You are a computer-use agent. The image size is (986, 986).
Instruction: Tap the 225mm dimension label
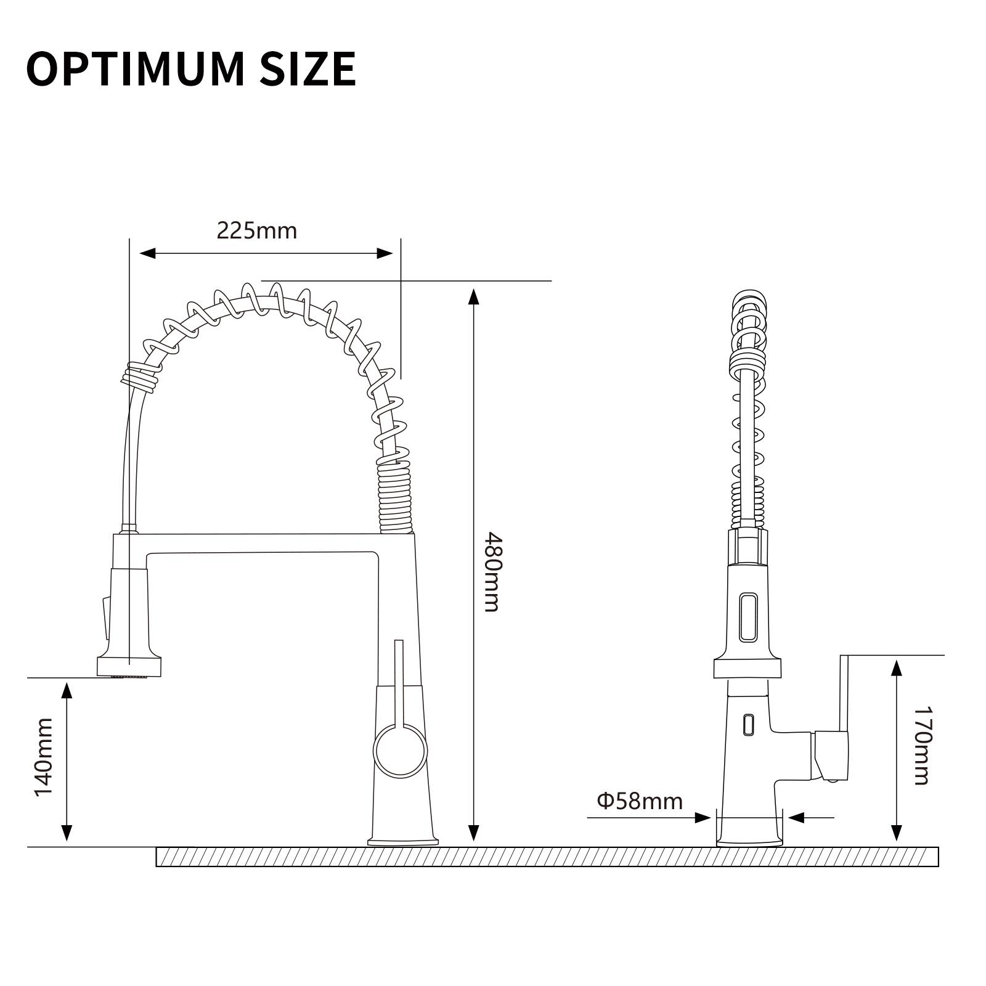click(x=256, y=230)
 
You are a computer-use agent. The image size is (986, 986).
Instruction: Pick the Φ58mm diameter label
click(x=640, y=801)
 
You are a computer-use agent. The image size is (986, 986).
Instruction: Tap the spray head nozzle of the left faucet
click(x=129, y=667)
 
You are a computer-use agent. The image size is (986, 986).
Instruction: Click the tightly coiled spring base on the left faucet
click(x=394, y=499)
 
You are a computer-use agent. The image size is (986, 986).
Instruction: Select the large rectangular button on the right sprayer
click(x=749, y=617)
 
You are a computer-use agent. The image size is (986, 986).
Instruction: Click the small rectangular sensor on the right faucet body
click(x=748, y=723)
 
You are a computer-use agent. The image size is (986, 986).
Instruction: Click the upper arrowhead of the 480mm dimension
click(x=473, y=296)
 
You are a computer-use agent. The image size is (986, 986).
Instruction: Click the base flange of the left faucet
click(x=403, y=841)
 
